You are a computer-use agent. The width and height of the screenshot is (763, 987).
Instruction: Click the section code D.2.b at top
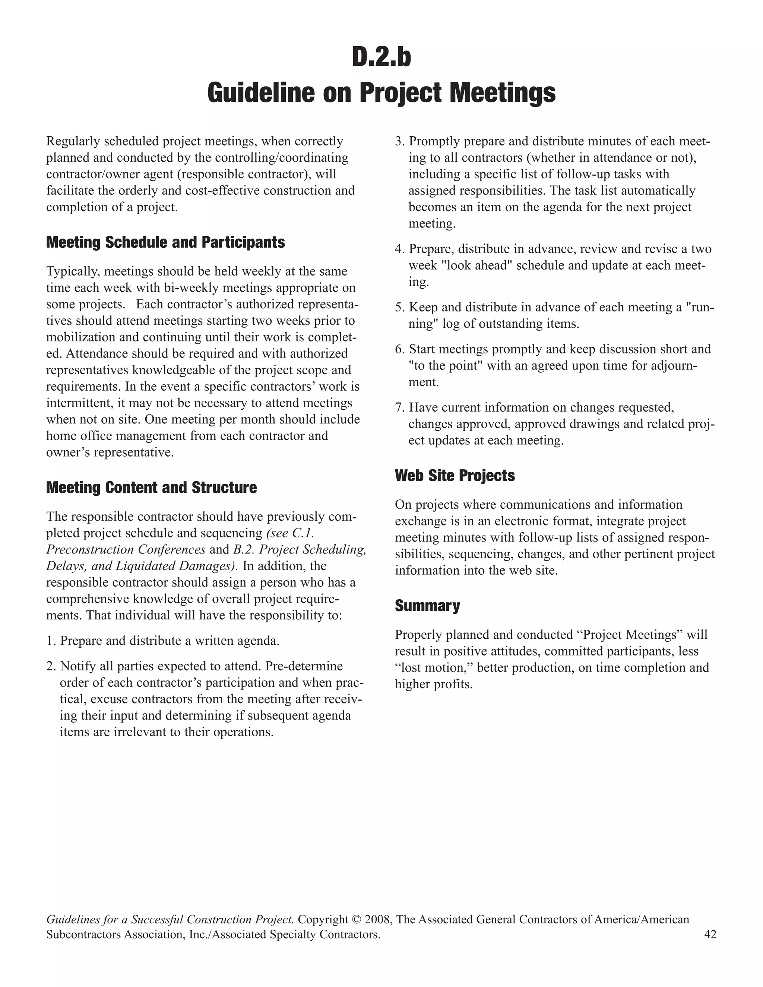[381, 58]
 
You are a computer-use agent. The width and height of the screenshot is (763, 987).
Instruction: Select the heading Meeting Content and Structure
[151, 487]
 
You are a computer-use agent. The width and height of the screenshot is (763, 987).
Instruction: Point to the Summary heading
[427, 606]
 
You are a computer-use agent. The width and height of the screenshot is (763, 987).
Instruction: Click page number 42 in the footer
[710, 934]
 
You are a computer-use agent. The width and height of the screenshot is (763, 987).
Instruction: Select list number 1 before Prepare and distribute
[51, 641]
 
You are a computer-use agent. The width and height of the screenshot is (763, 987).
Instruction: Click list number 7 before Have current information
[400, 407]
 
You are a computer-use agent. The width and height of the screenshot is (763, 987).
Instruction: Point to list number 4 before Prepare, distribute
[400, 249]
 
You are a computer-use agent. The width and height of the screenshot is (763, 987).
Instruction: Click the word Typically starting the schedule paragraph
[72, 272]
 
